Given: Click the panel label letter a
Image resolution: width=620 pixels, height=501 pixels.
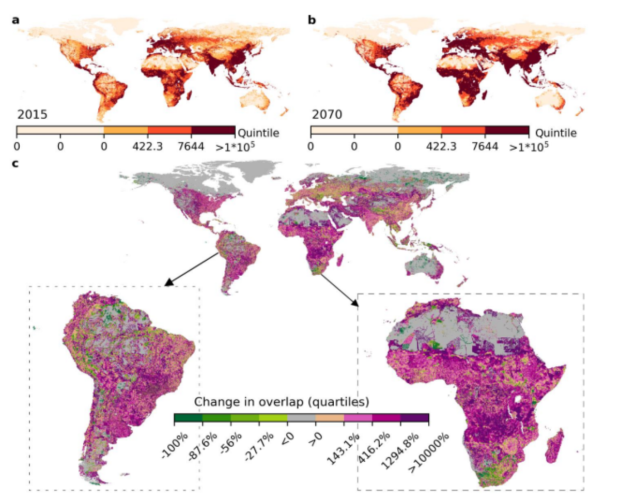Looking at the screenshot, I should (x=16, y=21).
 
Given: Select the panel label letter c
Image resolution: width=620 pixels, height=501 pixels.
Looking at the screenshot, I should (x=16, y=165).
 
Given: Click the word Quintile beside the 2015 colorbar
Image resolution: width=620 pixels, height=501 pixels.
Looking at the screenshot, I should (x=258, y=133).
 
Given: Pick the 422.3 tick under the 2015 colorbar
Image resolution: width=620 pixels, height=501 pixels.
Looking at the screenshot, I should (x=148, y=147).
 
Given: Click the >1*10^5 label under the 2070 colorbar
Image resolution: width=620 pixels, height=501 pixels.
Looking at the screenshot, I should (x=529, y=147).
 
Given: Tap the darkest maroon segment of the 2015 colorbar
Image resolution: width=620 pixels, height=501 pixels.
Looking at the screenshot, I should (x=213, y=130).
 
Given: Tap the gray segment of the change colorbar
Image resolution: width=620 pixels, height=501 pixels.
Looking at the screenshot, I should (x=301, y=417).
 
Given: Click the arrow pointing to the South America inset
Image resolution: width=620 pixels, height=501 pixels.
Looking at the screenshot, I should (x=191, y=269).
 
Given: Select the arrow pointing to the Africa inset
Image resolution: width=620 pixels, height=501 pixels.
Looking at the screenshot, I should (x=338, y=289).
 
